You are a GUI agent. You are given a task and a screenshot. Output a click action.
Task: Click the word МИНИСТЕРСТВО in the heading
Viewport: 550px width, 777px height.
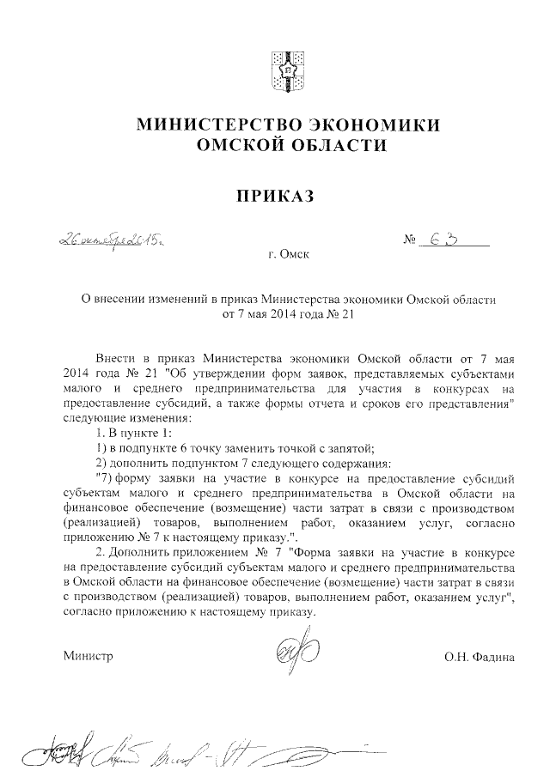213,125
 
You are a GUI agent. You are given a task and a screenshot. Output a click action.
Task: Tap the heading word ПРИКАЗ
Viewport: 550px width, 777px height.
275,197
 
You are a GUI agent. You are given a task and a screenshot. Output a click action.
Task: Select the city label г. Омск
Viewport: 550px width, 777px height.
285,255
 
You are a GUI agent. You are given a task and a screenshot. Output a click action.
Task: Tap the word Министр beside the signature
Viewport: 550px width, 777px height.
89,658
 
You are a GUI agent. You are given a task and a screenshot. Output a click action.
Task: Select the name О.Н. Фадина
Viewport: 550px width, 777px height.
479,658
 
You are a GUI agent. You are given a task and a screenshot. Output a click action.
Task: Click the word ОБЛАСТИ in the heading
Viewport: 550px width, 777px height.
338,147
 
